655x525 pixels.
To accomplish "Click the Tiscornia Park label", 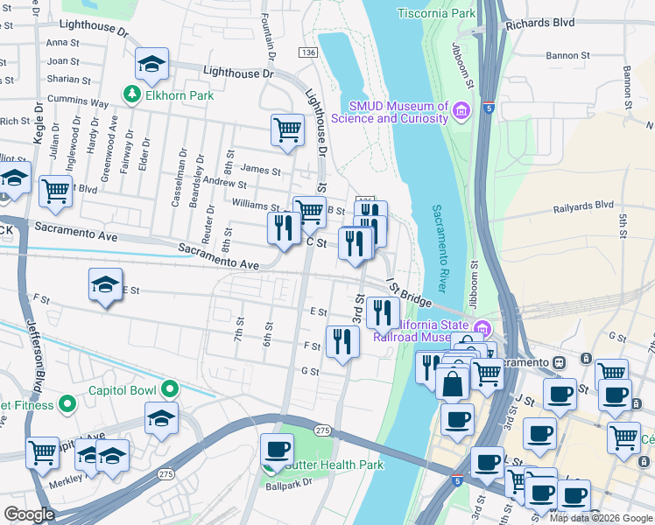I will [436, 14].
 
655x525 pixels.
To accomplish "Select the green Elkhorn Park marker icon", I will [132, 92].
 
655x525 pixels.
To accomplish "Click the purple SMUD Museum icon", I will [462, 111].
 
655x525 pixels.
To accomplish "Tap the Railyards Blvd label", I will [583, 207].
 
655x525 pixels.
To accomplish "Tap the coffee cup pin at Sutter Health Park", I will [277, 450].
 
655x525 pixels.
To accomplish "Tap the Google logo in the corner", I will [29, 514].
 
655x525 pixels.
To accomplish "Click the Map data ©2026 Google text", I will [601, 518].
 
